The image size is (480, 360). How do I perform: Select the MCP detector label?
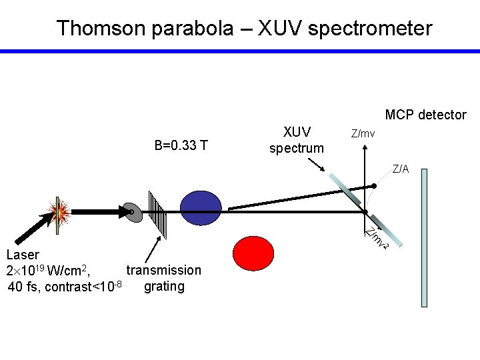point(425,115)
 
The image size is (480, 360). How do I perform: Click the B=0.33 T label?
point(181,145)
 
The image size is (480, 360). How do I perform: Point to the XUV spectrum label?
point(296,139)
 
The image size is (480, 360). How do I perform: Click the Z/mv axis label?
point(363,133)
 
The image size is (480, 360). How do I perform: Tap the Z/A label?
point(401,169)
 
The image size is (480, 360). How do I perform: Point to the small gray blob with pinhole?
point(131,211)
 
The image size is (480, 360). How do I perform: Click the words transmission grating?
point(163,278)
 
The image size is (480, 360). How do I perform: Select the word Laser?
point(23,255)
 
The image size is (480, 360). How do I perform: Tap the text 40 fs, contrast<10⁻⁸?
point(64,287)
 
